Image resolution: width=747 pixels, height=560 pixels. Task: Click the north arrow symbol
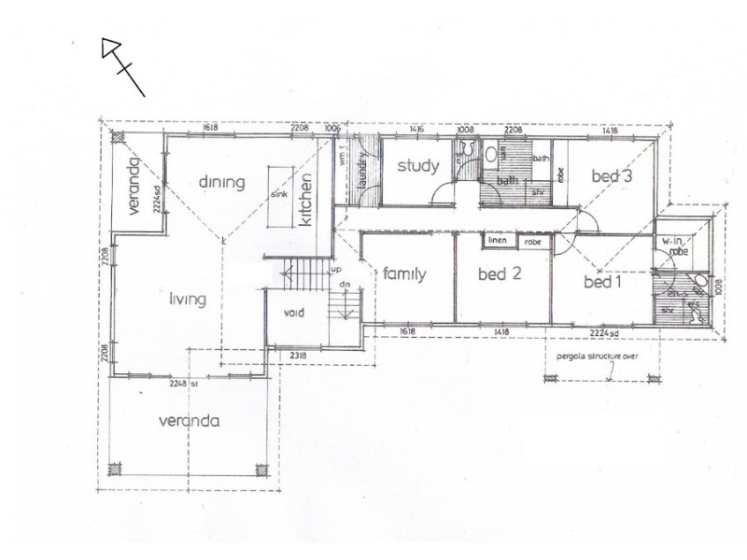[x=122, y=65]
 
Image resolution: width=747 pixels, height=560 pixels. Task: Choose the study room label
[x=417, y=167]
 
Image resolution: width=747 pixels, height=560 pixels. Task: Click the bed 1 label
[x=603, y=281]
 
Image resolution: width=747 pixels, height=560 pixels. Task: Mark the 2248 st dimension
[x=178, y=383]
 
